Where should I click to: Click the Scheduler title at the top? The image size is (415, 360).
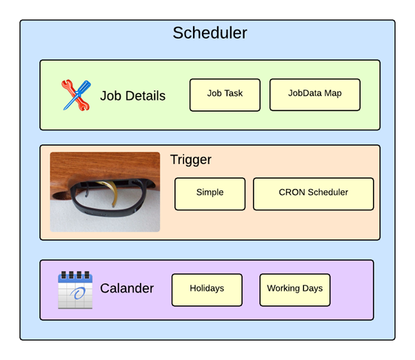(210, 33)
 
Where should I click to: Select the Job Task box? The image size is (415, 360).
(225, 94)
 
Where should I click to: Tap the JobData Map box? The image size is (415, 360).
(314, 94)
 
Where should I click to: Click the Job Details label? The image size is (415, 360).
(132, 96)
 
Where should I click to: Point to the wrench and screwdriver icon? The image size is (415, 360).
(76, 95)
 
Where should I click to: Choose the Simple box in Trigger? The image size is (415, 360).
(210, 194)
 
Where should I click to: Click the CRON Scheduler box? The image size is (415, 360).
(313, 194)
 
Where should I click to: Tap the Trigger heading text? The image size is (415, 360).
(190, 161)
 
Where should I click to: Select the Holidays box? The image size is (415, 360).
(207, 290)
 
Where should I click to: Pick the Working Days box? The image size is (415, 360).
(294, 290)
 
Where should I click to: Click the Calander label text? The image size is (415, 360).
(126, 289)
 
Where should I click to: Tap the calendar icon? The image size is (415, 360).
(75, 290)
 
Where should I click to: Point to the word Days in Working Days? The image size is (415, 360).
(312, 288)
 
